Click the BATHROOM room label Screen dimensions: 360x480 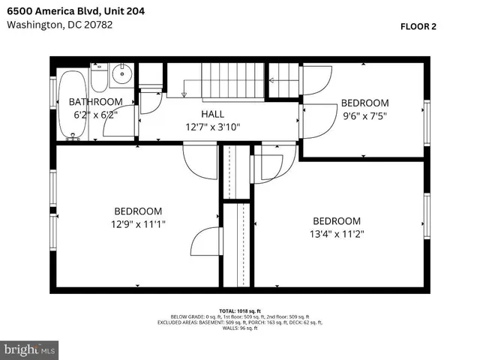[x=95, y=102]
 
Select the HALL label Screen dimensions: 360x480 [x=212, y=113]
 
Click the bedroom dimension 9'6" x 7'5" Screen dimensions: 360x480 [x=364, y=116]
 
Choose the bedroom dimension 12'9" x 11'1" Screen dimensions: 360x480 [x=137, y=225]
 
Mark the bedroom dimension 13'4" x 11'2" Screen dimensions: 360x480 [x=336, y=234]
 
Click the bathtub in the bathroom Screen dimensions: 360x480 [x=72, y=105]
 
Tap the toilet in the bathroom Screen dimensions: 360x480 [x=98, y=76]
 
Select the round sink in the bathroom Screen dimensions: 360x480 [x=121, y=75]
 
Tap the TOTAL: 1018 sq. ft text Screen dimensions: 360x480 [x=239, y=310]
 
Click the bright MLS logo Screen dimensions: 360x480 [x=30, y=349]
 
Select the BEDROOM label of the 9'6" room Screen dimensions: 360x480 [x=364, y=103]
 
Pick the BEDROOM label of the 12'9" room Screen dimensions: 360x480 [x=137, y=211]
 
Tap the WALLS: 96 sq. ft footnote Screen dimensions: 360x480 [x=239, y=328]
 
